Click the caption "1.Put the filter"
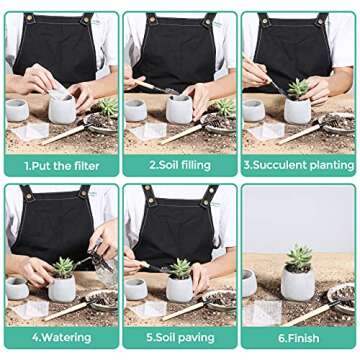[x=61, y=161]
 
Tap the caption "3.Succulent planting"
[x=298, y=161]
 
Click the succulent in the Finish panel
[x=298, y=258]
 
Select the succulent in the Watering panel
[x=64, y=266]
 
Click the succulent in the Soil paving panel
[x=180, y=267]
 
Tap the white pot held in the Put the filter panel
[x=62, y=106]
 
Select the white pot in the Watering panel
[x=64, y=287]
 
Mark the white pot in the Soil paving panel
[x=180, y=288]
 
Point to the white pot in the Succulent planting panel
[x=297, y=111]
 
